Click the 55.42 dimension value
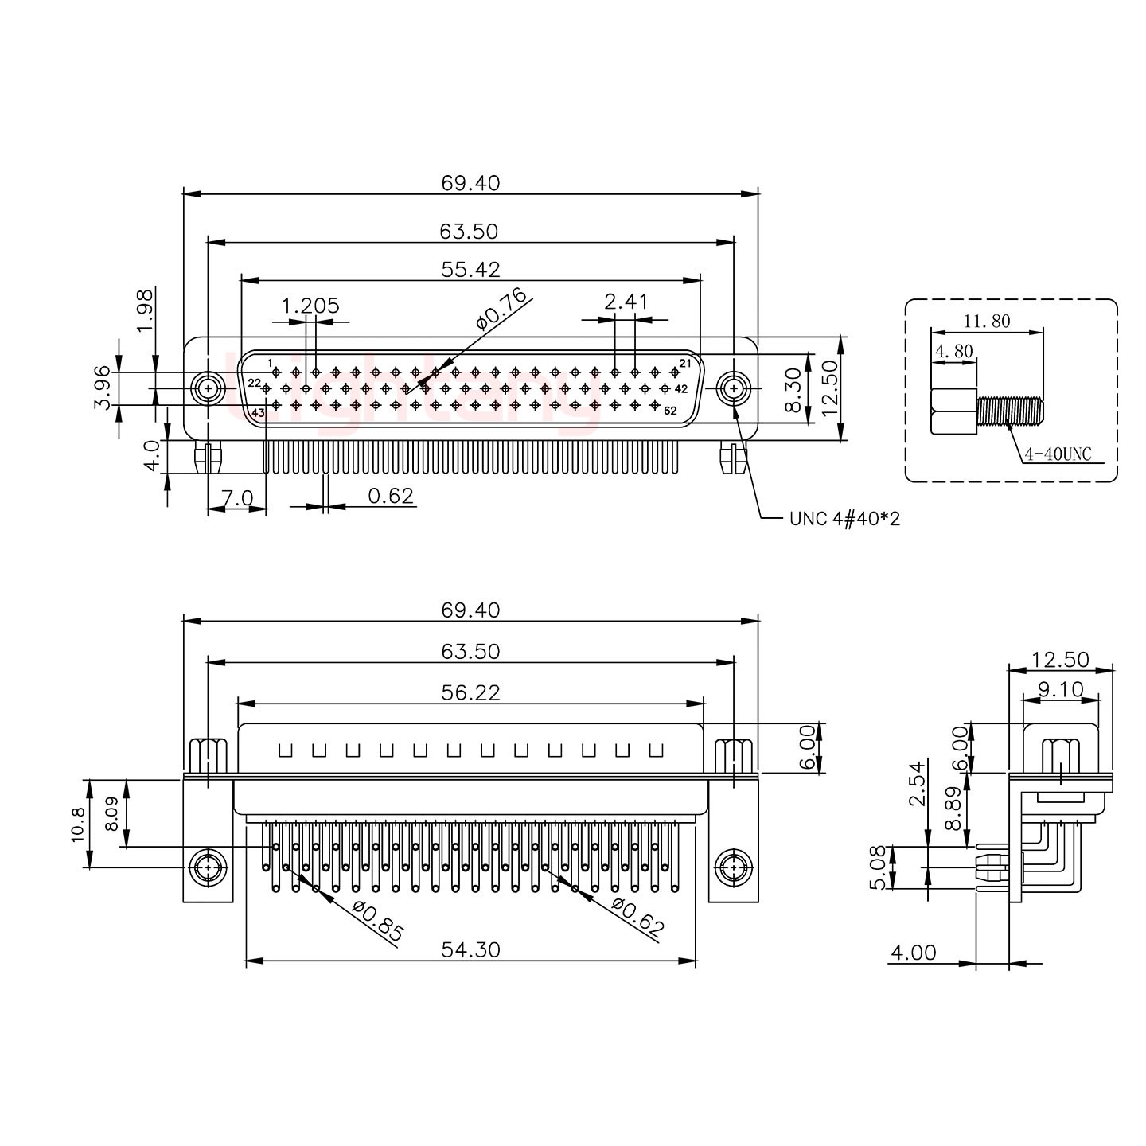pyautogui.click(x=471, y=270)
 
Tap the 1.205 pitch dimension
pyautogui.click(x=310, y=306)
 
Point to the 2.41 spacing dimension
pyautogui.click(x=626, y=302)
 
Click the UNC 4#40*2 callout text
pyautogui.click(x=844, y=520)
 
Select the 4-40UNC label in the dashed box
pyautogui.click(x=1058, y=454)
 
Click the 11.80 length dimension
pyautogui.click(x=987, y=322)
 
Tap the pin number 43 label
pyautogui.click(x=258, y=413)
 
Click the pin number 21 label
pyautogui.click(x=684, y=364)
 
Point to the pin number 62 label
pyautogui.click(x=670, y=411)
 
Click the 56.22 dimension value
pyautogui.click(x=471, y=693)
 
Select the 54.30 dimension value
pyautogui.click(x=471, y=949)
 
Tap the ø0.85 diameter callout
pyautogui.click(x=377, y=921)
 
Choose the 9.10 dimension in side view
pyautogui.click(x=1061, y=689)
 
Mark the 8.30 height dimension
pyautogui.click(x=793, y=390)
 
